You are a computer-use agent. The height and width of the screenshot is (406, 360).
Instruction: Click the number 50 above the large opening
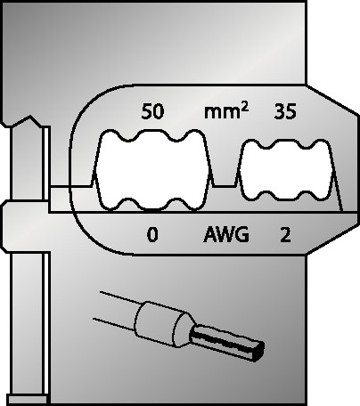[152, 111]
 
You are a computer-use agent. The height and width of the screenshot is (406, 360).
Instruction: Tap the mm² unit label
[226, 111]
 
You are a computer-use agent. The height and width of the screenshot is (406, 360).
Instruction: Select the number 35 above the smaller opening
[285, 111]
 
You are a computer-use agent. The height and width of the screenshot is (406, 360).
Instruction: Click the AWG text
[226, 234]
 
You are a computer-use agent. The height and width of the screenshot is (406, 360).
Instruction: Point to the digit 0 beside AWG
[152, 235]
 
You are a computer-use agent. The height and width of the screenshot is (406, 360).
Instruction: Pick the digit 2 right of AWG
[285, 235]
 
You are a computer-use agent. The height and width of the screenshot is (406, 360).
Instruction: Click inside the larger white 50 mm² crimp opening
[152, 171]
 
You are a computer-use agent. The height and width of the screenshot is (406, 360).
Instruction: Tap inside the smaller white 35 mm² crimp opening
[286, 170]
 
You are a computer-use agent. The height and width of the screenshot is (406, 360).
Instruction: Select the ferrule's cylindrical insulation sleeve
[164, 323]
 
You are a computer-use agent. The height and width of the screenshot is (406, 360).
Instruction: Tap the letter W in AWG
[226, 234]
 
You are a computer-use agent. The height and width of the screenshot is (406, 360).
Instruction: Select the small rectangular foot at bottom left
[28, 399]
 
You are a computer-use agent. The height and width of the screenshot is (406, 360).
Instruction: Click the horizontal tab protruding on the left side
[26, 226]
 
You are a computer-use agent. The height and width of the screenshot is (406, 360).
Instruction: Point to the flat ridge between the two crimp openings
[225, 186]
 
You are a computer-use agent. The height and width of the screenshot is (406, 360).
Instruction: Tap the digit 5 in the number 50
[147, 111]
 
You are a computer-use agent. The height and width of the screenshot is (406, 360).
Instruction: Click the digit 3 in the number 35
[280, 111]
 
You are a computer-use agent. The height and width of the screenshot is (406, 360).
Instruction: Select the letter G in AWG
[243, 234]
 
